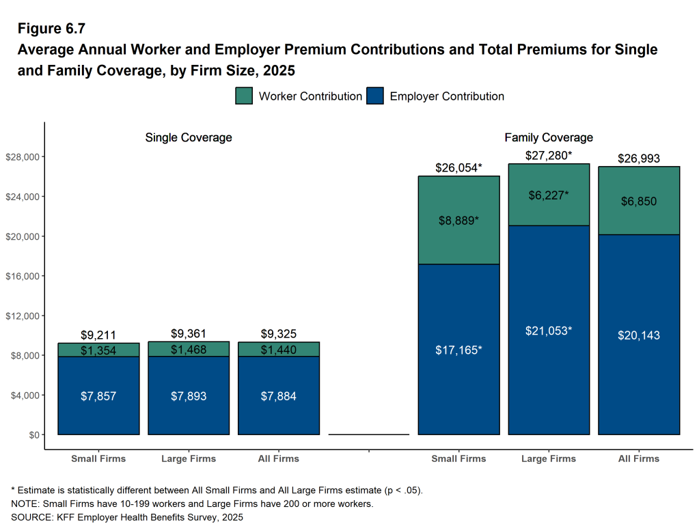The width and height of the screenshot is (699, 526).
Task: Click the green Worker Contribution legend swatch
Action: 244,96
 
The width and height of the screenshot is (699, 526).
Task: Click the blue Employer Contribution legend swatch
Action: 375,96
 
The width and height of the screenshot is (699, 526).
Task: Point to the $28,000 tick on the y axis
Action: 24,157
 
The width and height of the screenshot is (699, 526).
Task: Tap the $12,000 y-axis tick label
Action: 24,316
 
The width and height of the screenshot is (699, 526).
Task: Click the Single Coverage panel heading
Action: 189,137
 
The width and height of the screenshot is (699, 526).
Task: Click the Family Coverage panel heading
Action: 549,137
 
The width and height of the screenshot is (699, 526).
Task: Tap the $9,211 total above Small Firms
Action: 98,335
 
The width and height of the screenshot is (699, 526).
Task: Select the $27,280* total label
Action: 547,156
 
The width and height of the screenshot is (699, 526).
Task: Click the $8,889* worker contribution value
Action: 458,221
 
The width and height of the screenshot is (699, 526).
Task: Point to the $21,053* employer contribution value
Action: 549,331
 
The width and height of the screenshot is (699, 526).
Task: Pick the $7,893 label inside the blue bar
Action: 189,396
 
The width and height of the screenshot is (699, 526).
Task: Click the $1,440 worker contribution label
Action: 279,350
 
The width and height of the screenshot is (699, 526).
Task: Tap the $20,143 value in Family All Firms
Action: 639,335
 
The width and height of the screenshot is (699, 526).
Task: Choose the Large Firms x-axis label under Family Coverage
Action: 549,458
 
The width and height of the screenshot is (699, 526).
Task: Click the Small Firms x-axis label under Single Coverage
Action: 98,458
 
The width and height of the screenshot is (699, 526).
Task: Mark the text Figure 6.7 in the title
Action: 51,29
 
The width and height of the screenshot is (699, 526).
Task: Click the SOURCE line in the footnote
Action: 126,517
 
